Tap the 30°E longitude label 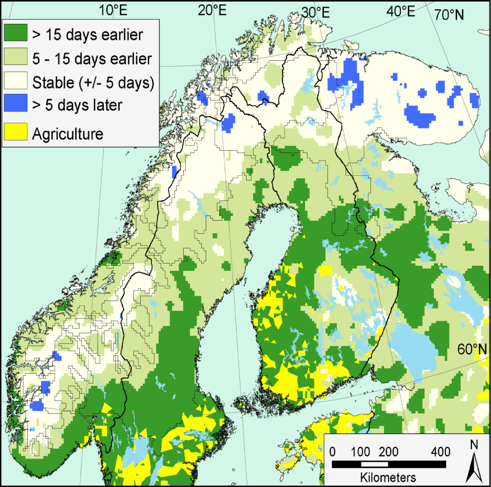316,12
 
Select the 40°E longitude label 401,11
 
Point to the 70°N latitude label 449,15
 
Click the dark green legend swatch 16,33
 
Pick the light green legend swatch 16,56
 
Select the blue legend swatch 16,103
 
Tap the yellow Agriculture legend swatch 16,132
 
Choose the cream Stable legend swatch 16,80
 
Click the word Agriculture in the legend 68,134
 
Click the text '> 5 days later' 77,105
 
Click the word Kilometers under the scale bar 388,477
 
